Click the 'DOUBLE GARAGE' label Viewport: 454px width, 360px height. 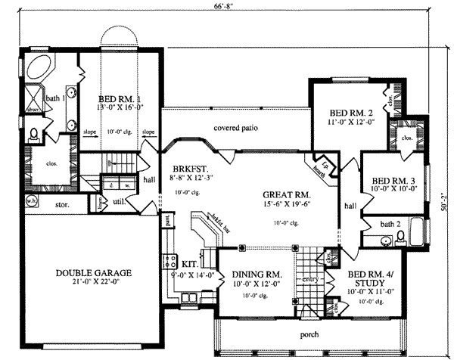point(94,273)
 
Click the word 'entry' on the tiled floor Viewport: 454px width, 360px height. point(309,279)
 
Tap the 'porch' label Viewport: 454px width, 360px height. point(308,334)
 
